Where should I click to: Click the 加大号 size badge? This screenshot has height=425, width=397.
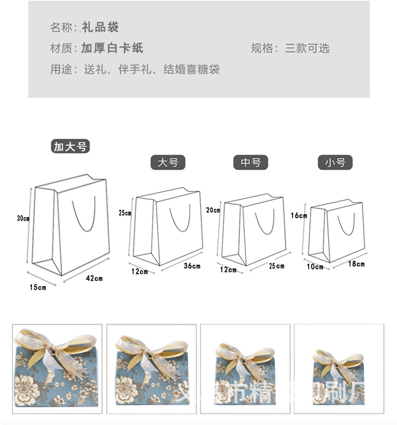tap(70, 146)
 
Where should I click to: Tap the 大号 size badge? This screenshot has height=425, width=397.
tap(168, 162)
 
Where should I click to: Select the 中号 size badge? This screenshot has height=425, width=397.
tap(251, 162)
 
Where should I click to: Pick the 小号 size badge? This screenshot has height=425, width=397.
tap(335, 162)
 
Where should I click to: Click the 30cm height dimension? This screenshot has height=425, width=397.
tap(23, 218)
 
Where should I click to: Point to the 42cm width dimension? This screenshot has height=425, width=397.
tap(94, 278)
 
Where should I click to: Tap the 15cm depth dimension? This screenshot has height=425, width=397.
tap(38, 287)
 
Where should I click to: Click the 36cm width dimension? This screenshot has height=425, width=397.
tap(192, 266)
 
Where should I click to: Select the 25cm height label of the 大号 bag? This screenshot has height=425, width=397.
tap(125, 213)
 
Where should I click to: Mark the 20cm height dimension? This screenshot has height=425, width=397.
tap(213, 210)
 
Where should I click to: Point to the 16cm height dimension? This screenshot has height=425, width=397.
tap(299, 215)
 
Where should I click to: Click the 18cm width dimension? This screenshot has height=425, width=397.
tap(356, 264)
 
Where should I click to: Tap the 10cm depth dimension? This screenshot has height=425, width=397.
tap(315, 267)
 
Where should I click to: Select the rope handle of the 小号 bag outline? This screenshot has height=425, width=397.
tap(346, 226)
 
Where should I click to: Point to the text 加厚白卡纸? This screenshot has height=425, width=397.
tap(112, 48)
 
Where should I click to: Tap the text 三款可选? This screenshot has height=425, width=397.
tap(307, 48)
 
